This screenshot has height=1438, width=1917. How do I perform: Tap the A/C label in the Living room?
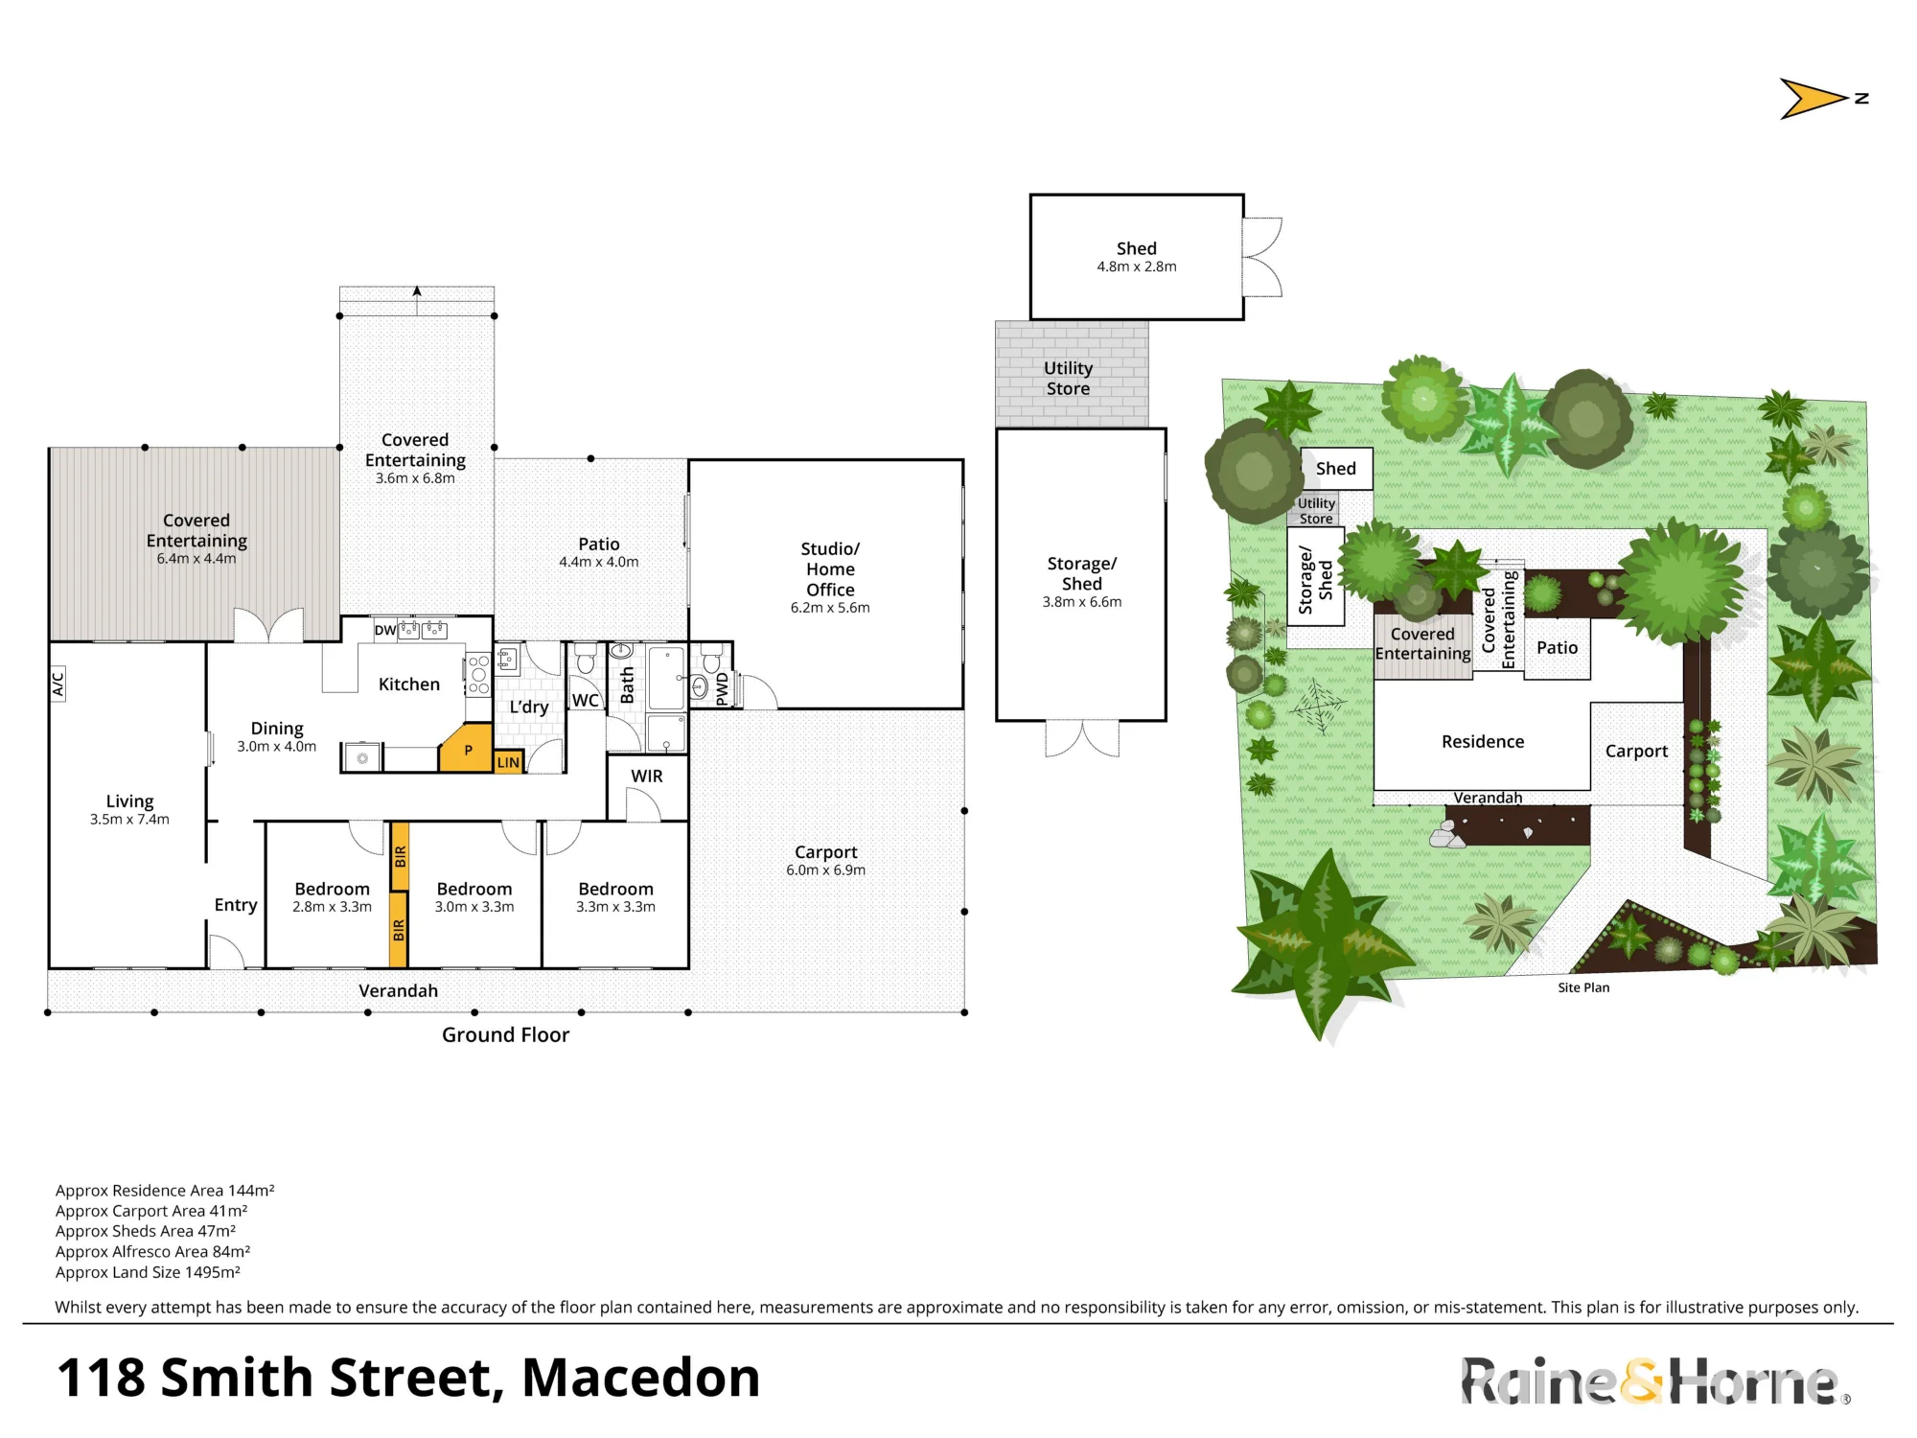(58, 684)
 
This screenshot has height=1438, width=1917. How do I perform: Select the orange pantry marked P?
(467, 749)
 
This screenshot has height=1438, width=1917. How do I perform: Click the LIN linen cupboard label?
(508, 762)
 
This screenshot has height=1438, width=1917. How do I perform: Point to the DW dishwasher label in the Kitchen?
(384, 630)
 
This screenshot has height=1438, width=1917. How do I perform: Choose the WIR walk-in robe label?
(647, 776)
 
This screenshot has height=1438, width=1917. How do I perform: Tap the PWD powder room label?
(723, 688)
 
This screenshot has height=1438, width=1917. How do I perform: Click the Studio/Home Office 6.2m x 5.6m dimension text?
(830, 607)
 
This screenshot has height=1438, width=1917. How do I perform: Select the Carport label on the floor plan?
(826, 851)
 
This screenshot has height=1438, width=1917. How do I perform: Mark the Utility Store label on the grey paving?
(1068, 378)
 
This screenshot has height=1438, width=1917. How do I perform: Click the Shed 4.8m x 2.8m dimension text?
(1137, 267)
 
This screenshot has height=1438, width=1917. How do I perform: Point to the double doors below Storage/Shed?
(1082, 738)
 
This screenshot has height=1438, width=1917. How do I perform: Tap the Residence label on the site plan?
(1483, 741)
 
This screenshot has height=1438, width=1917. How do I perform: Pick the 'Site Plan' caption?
(1583, 987)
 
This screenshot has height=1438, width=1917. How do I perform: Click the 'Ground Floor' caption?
(505, 1034)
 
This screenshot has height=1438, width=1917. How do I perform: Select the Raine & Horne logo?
(1655, 1381)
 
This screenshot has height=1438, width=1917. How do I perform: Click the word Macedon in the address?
(640, 1378)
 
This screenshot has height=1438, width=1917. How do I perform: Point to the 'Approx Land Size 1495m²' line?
(148, 1272)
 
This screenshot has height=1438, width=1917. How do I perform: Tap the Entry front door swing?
(226, 952)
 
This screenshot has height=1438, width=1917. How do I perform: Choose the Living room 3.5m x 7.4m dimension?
(129, 819)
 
